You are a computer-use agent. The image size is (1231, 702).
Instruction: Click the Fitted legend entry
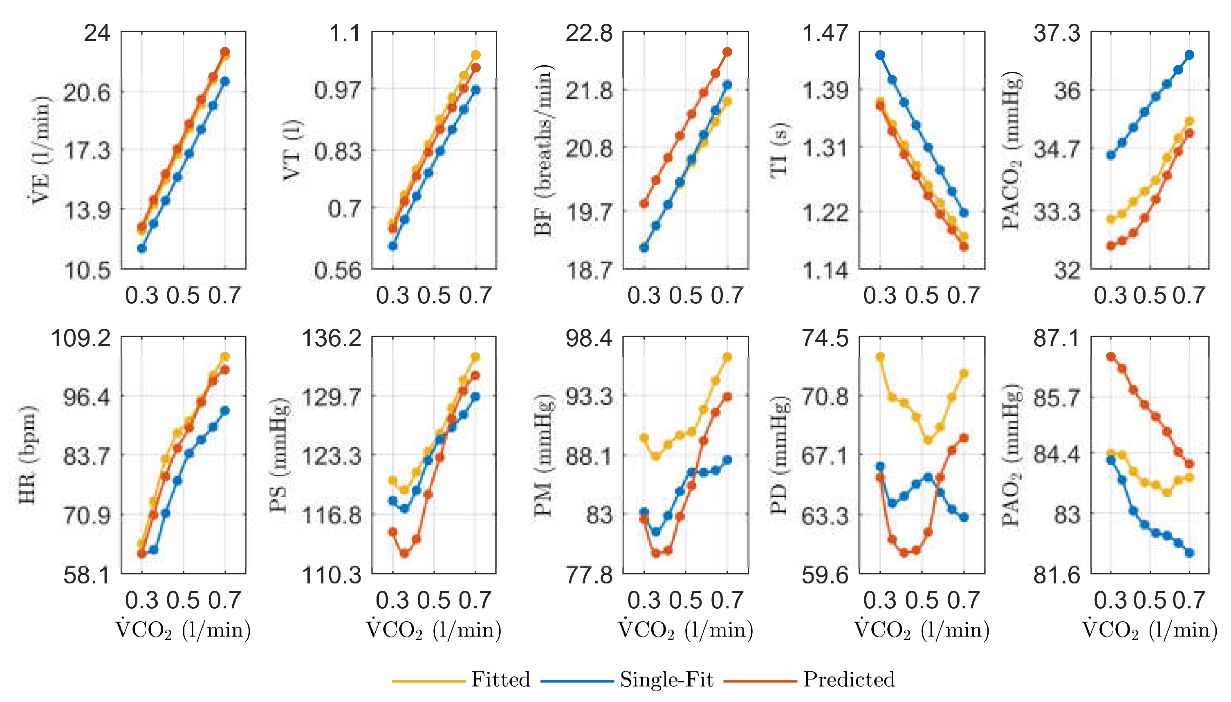[x=500, y=680]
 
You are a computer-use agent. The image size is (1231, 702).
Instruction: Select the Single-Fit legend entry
[x=666, y=680]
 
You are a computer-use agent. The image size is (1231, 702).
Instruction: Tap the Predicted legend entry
[x=848, y=680]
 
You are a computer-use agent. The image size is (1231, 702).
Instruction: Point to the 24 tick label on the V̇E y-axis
[x=97, y=34]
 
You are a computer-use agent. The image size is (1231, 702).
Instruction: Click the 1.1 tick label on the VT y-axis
[x=345, y=34]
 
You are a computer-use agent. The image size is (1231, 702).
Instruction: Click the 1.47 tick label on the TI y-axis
[x=824, y=34]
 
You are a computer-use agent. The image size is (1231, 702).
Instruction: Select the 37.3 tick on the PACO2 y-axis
[x=1056, y=34]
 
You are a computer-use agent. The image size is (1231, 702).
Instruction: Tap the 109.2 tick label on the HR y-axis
[x=81, y=339]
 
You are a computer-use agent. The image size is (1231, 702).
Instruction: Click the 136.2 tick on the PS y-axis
[x=332, y=339]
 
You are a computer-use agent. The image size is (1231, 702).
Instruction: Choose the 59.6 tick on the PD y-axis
[x=824, y=575]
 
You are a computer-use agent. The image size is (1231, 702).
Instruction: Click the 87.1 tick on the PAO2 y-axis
[x=1056, y=339]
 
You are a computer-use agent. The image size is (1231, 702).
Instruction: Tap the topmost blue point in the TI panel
[x=880, y=55]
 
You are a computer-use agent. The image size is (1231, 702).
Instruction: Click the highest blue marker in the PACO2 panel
[x=1190, y=55]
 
